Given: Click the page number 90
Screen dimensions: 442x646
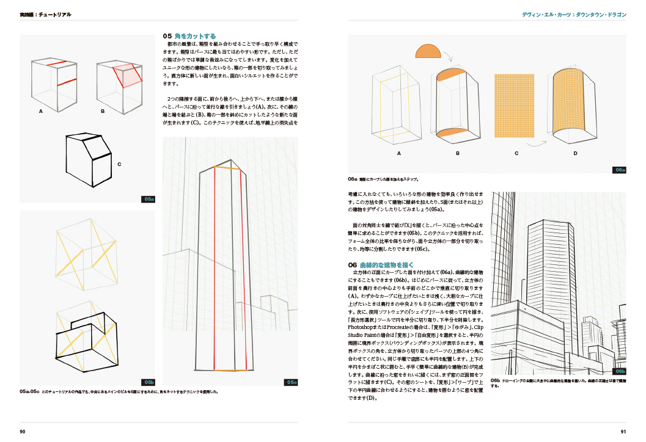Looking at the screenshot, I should pyautogui.click(x=22, y=432).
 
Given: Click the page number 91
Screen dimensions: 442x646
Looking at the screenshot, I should pyautogui.click(x=623, y=432).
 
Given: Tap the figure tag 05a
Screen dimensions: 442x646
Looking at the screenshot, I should pyautogui.click(x=149, y=199).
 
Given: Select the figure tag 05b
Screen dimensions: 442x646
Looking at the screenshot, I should pyautogui.click(x=149, y=382).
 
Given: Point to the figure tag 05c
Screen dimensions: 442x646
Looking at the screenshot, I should pyautogui.click(x=292, y=383).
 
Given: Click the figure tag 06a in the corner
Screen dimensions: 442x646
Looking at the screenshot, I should pyautogui.click(x=620, y=170).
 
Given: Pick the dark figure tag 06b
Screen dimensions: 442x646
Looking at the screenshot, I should pyautogui.click(x=620, y=371).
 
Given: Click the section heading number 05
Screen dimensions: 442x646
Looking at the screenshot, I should pyautogui.click(x=167, y=37).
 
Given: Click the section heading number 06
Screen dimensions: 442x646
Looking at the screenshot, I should pyautogui.click(x=352, y=265).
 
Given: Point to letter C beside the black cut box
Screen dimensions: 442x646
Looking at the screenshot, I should pyautogui.click(x=119, y=164).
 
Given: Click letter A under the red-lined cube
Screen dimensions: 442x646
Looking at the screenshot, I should pyautogui.click(x=40, y=112).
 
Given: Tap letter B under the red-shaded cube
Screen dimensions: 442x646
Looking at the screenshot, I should pyautogui.click(x=103, y=112).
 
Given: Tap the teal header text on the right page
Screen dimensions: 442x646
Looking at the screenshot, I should pyautogui.click(x=574, y=14).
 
